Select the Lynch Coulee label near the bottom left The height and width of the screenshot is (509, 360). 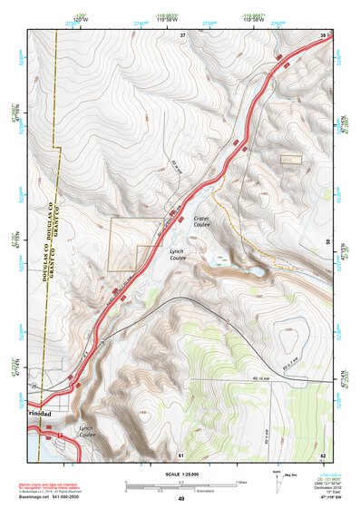click(x=87, y=431)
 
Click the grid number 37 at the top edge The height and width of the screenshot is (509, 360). click(x=182, y=34)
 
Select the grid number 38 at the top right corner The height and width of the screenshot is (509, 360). click(x=323, y=34)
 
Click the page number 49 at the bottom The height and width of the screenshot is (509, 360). click(x=181, y=499)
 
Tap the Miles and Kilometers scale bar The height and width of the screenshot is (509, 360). click(x=181, y=484)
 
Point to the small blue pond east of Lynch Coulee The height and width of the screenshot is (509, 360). click(x=258, y=271)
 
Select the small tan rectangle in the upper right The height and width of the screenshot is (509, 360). click(x=290, y=159)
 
